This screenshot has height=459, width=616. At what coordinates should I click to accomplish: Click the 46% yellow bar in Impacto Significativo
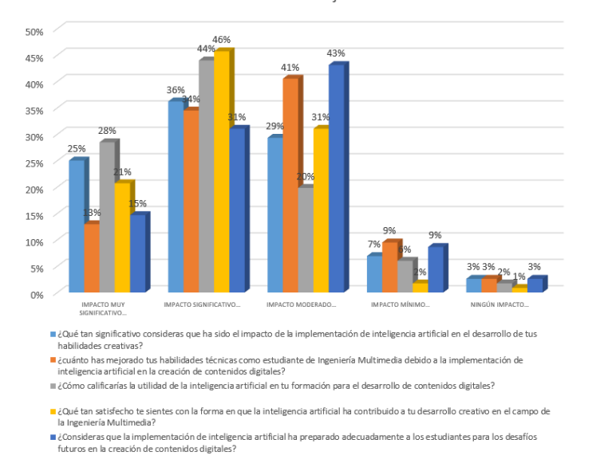220,171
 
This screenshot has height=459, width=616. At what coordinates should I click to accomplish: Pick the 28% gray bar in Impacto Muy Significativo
107,217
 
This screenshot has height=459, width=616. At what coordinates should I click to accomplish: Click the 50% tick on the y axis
34,31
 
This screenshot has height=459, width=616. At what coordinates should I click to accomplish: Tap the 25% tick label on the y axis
34,163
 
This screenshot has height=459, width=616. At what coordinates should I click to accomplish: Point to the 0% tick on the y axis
37,294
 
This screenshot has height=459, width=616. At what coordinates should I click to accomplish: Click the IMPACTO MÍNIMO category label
401,304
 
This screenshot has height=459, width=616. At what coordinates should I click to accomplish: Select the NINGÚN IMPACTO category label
499,304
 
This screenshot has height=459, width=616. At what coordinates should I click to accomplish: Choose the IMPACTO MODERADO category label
301,304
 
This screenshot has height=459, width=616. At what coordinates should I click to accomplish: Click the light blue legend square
53,334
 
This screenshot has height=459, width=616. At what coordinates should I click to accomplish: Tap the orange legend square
53,360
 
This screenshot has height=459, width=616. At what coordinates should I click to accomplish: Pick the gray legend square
53,386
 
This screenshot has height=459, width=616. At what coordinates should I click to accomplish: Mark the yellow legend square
53,412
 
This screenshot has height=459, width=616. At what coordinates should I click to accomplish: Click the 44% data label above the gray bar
207,49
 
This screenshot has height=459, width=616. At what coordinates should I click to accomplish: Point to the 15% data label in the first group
137,203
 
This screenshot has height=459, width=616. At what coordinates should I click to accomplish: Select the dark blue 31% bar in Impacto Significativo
236,210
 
